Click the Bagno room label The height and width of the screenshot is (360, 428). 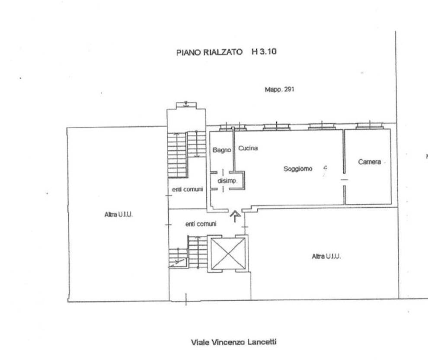click(x=222, y=150)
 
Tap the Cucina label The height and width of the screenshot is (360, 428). click(x=248, y=148)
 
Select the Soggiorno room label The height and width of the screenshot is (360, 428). click(x=298, y=169)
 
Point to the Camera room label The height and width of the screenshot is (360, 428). click(x=369, y=162)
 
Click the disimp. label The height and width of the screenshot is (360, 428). click(x=227, y=181)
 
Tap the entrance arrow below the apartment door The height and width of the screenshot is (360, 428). click(x=235, y=216)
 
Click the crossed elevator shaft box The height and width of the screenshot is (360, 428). click(x=228, y=254)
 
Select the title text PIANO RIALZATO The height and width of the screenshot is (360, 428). click(x=209, y=52)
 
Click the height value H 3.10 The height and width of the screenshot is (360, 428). click(x=264, y=51)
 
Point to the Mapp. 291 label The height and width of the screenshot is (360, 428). click(x=280, y=89)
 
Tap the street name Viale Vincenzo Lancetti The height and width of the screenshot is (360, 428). click(x=233, y=342)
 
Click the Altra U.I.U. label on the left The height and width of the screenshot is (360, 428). click(x=118, y=215)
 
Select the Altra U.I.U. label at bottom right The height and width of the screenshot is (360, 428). click(x=326, y=256)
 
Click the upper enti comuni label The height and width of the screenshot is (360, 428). click(x=188, y=189)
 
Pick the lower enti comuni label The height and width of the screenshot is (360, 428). click(x=201, y=224)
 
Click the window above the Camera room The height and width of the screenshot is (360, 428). click(x=370, y=126)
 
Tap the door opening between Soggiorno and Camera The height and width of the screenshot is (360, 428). click(x=344, y=180)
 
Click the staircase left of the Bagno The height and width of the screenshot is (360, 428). click(x=187, y=154)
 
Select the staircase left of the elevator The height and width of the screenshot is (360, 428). click(x=188, y=251)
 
